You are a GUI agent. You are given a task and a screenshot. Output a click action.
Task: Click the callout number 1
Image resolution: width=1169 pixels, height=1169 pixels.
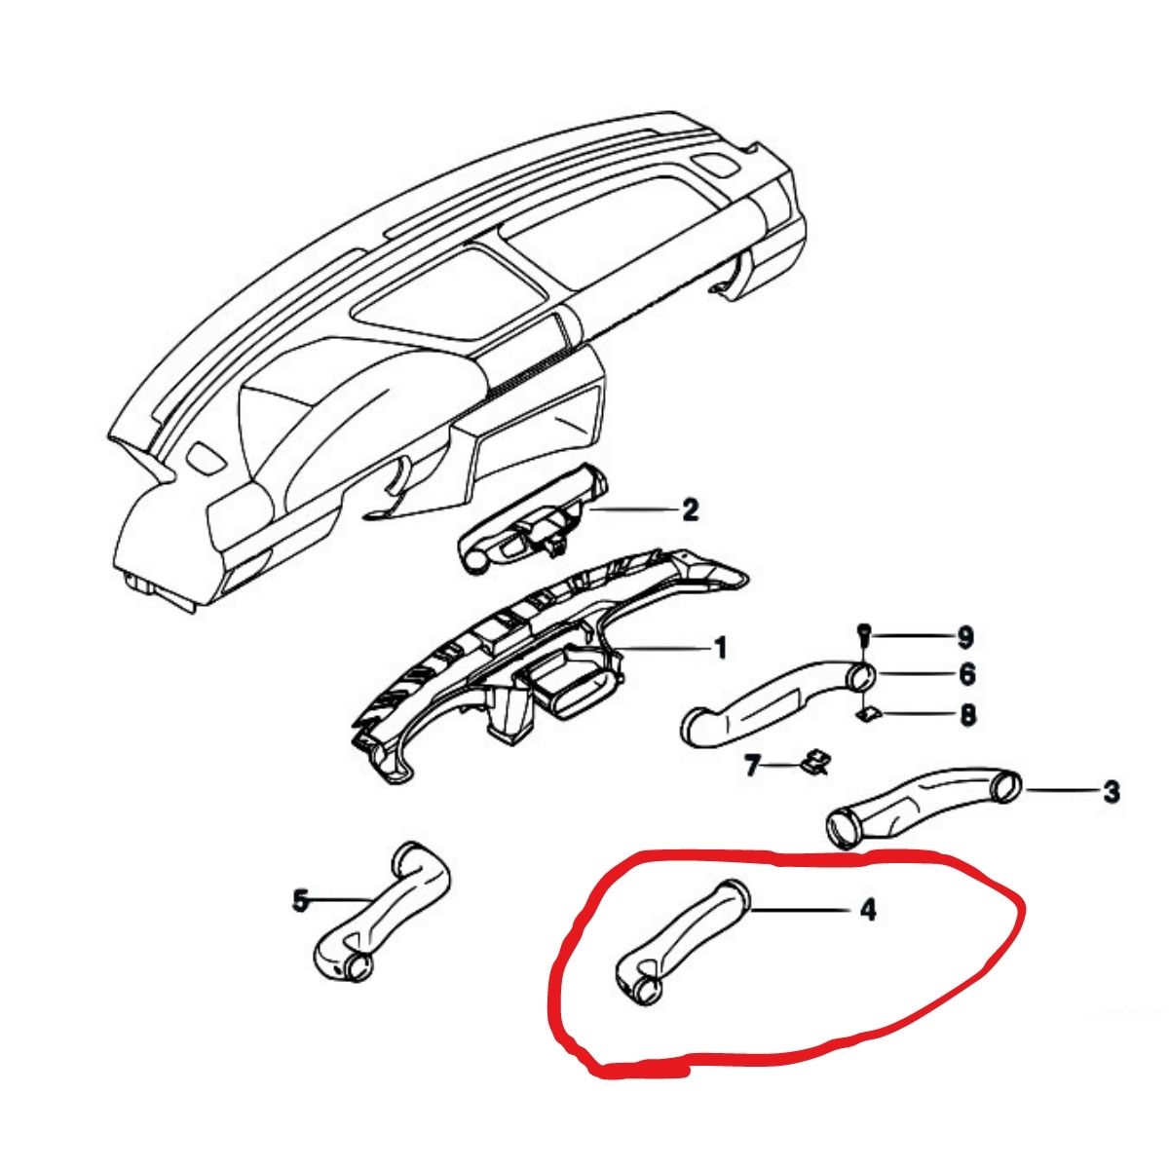tap(718, 649)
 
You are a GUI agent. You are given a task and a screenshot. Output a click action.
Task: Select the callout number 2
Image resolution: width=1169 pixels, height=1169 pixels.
tap(690, 510)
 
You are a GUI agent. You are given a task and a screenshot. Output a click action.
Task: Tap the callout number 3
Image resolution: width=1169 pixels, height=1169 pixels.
tap(1111, 791)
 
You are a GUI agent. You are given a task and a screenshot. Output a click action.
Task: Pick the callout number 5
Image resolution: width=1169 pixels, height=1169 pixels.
tap(300, 901)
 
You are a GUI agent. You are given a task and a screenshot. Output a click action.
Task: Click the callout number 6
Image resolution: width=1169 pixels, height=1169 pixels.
tap(967, 674)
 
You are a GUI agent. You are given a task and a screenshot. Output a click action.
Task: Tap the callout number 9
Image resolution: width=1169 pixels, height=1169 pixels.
tap(965, 637)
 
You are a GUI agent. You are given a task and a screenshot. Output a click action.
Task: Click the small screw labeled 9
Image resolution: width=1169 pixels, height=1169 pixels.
tap(863, 637)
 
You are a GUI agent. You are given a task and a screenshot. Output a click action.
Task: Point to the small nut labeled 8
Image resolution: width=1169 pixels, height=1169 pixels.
tap(866, 714)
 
